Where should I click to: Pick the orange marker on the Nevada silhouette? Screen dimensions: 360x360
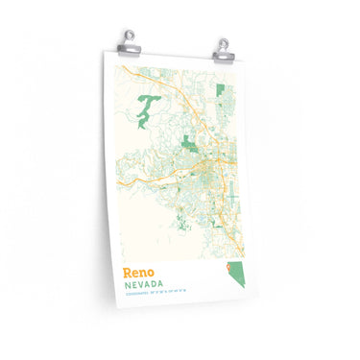[229, 271]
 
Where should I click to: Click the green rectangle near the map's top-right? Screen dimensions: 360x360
[221, 91]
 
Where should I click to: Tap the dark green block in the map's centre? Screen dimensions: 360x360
[191, 145]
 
